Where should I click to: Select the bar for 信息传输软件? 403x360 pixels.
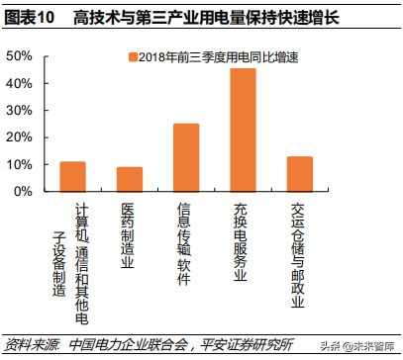coord(185,157)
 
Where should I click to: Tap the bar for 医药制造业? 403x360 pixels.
coord(130,179)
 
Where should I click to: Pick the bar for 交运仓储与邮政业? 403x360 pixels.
coord(299,173)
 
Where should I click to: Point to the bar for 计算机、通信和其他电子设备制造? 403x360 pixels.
coord(72,176)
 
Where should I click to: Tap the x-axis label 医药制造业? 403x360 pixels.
coord(129,231)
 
